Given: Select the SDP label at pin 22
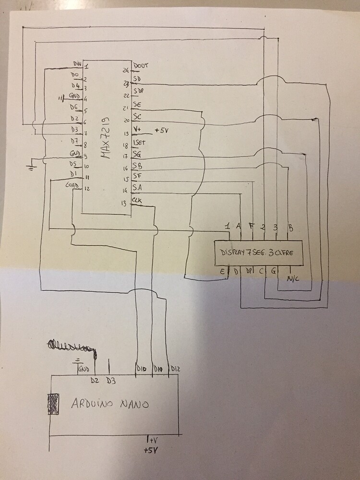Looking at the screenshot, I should [138, 91].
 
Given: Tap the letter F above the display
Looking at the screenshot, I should [251, 226].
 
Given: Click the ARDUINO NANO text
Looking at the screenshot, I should [110, 404].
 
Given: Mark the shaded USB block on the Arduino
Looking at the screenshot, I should [53, 404].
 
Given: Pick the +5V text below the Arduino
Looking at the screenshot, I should [151, 451].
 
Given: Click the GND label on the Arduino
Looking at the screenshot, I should [84, 369].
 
